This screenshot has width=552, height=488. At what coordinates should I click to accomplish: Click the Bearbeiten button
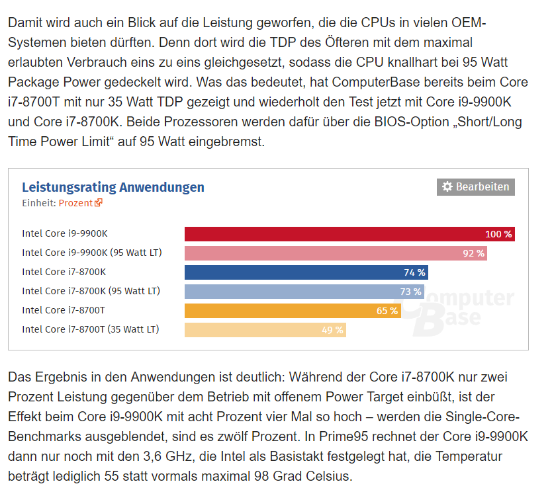tap(475, 187)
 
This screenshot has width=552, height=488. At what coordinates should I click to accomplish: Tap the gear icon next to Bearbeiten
tap(447, 187)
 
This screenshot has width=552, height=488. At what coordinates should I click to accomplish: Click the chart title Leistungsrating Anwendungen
tap(113, 187)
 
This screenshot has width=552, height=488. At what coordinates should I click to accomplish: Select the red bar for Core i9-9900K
tap(331, 234)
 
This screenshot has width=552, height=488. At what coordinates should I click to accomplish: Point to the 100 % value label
tap(498, 234)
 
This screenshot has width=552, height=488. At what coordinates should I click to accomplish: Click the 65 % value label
tap(387, 311)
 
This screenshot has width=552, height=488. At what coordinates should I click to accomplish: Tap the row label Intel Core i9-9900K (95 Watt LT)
tap(92, 253)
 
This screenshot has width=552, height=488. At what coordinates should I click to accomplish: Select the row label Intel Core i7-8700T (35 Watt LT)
tap(91, 329)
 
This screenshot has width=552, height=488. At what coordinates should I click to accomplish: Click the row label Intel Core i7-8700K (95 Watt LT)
tap(91, 291)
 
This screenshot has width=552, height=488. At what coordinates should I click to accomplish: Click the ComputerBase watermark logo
tap(463, 308)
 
